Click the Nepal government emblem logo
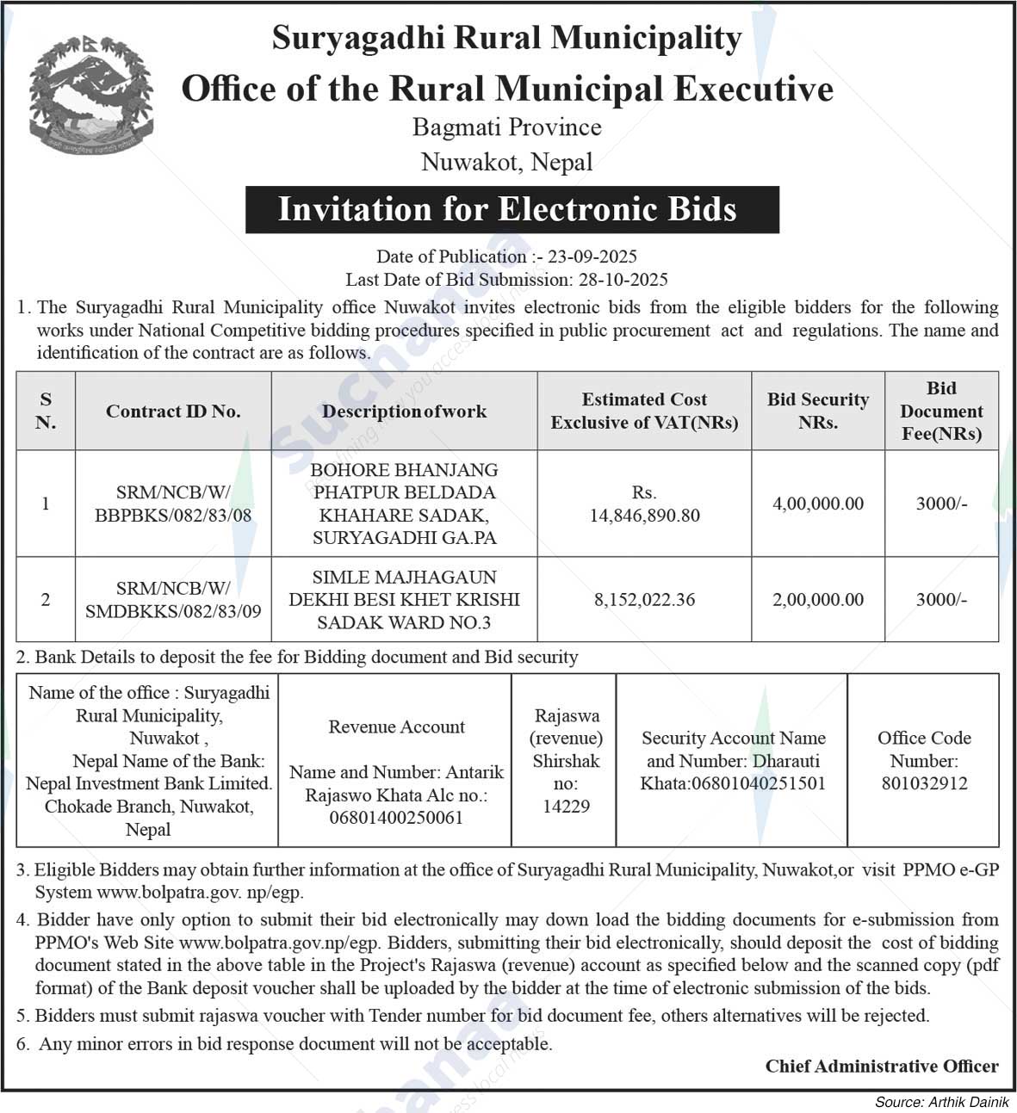[90, 96]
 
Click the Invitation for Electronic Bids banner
[512, 210]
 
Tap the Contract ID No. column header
[173, 411]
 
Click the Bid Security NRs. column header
[817, 411]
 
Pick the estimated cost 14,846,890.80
[644, 516]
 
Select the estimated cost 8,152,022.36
[644, 600]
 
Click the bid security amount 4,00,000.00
[817, 504]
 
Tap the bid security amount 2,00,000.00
[817, 600]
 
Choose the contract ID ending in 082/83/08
[173, 516]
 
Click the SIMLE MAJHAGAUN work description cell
[404, 600]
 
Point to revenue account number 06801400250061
[396, 818]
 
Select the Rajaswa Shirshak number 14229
[566, 807]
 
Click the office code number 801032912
[924, 783]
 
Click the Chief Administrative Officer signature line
[881, 1067]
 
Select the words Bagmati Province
[506, 128]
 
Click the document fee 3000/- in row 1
[941, 504]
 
